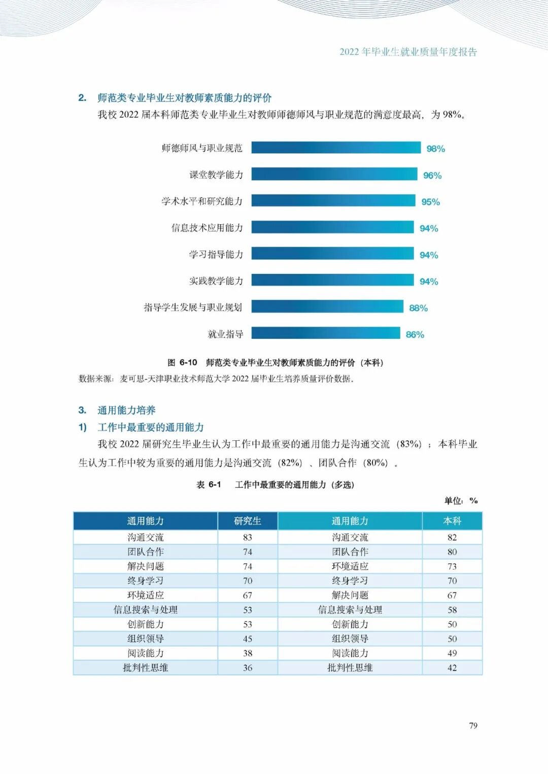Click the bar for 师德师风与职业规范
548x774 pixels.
(x=336, y=148)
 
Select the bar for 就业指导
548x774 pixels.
(x=326, y=333)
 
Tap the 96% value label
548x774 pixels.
(x=432, y=175)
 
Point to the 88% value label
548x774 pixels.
(x=418, y=308)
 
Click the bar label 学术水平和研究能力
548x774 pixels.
(x=202, y=201)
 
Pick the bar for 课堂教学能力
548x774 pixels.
(x=334, y=174)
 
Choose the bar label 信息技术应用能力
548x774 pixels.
(x=207, y=228)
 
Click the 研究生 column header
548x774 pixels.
(x=248, y=521)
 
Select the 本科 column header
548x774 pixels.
(x=452, y=521)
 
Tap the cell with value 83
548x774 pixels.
(x=248, y=537)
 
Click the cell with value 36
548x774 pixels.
(x=248, y=667)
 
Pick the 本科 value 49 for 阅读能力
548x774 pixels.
(x=452, y=653)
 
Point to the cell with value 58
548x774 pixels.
(x=452, y=610)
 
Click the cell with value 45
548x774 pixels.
(x=248, y=639)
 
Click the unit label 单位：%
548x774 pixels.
(x=461, y=500)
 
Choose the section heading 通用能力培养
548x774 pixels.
(x=126, y=410)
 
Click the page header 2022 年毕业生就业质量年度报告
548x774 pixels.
(x=408, y=52)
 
